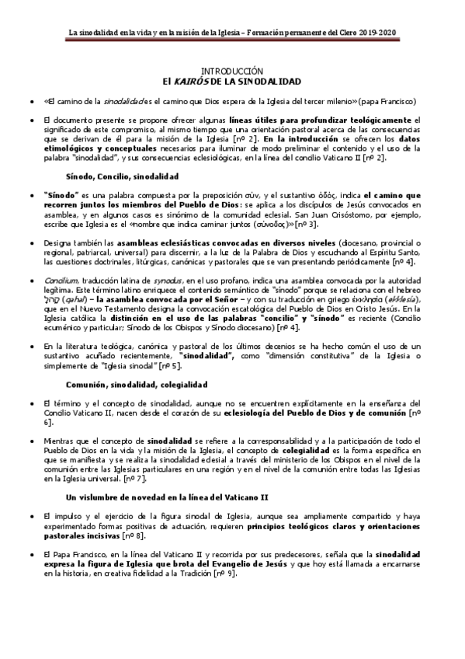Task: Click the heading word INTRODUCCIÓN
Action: click(233, 70)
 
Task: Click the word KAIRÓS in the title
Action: click(188, 80)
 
